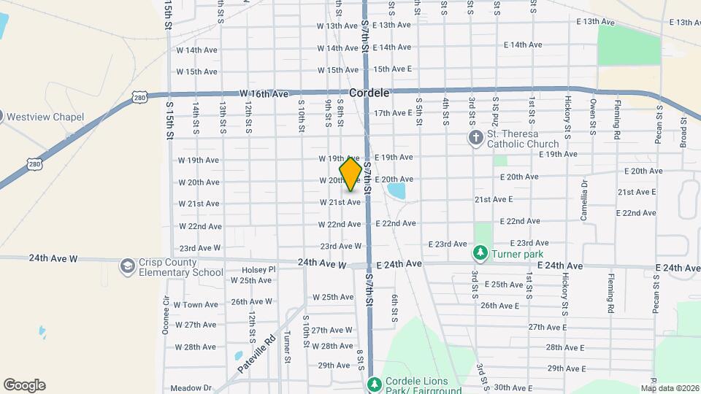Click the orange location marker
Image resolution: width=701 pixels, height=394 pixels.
(350, 174)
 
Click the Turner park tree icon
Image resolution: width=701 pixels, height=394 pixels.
(480, 253)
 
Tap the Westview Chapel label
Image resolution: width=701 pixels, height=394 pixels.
(50, 117)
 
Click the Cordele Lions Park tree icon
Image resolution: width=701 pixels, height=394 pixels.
(374, 384)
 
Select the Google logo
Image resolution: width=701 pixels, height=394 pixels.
(24, 385)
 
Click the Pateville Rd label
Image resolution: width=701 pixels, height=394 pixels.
(256, 354)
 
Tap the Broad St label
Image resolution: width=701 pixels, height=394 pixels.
(683, 128)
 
